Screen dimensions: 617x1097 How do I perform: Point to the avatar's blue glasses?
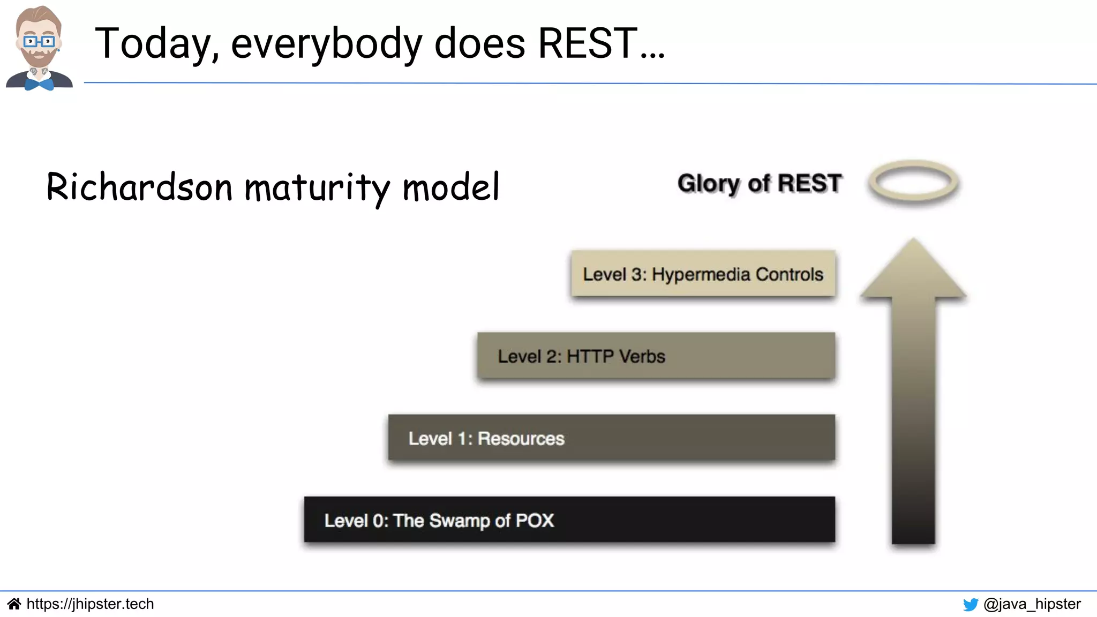(x=39, y=41)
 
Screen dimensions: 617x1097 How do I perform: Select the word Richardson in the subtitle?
(x=139, y=187)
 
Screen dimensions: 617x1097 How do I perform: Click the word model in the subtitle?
(x=450, y=187)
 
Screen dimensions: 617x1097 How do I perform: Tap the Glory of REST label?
(x=759, y=183)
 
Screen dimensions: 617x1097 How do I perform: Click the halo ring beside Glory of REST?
(x=913, y=182)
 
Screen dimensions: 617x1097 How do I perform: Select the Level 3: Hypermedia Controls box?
(x=703, y=274)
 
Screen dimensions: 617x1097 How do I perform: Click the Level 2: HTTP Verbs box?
(x=656, y=356)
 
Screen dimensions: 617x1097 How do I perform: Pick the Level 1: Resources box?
(x=611, y=438)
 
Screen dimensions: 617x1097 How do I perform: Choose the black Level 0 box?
(x=569, y=520)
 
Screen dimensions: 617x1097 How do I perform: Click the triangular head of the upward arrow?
(x=913, y=270)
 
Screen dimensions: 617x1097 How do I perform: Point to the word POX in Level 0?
(x=535, y=521)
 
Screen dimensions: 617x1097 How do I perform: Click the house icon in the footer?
(x=14, y=604)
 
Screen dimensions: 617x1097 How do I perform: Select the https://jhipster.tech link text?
(x=90, y=604)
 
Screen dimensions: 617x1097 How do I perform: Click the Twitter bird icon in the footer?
(x=970, y=605)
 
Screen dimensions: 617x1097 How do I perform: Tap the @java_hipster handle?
(x=1032, y=604)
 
